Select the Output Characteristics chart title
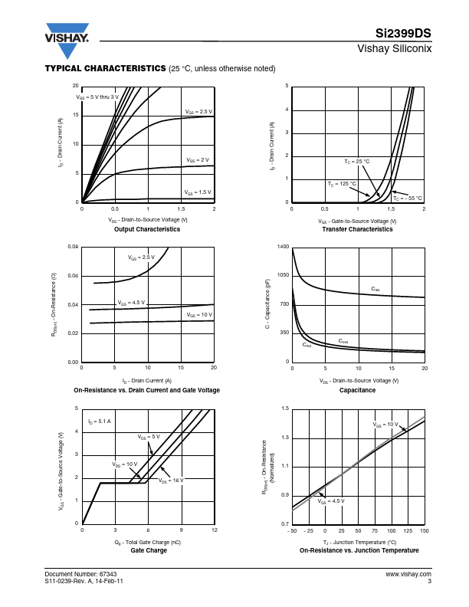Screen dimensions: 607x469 click(147, 229)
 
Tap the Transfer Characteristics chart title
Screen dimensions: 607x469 click(357, 229)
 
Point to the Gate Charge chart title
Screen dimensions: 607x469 click(148, 550)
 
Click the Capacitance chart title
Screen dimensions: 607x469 click(357, 390)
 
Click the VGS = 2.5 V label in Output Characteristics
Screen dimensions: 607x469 click(198, 112)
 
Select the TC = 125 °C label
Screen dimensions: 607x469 click(342, 184)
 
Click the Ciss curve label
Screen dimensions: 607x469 click(376, 289)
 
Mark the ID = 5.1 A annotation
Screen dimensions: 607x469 click(100, 422)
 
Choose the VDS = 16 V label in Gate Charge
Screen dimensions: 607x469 click(173, 481)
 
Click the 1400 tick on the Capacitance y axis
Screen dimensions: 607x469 click(284, 247)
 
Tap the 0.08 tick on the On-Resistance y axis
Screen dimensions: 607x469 click(73, 247)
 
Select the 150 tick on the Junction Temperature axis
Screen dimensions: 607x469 click(424, 530)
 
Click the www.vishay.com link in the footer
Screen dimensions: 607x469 click(408, 573)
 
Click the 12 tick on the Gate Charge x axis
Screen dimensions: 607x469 click(215, 530)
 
